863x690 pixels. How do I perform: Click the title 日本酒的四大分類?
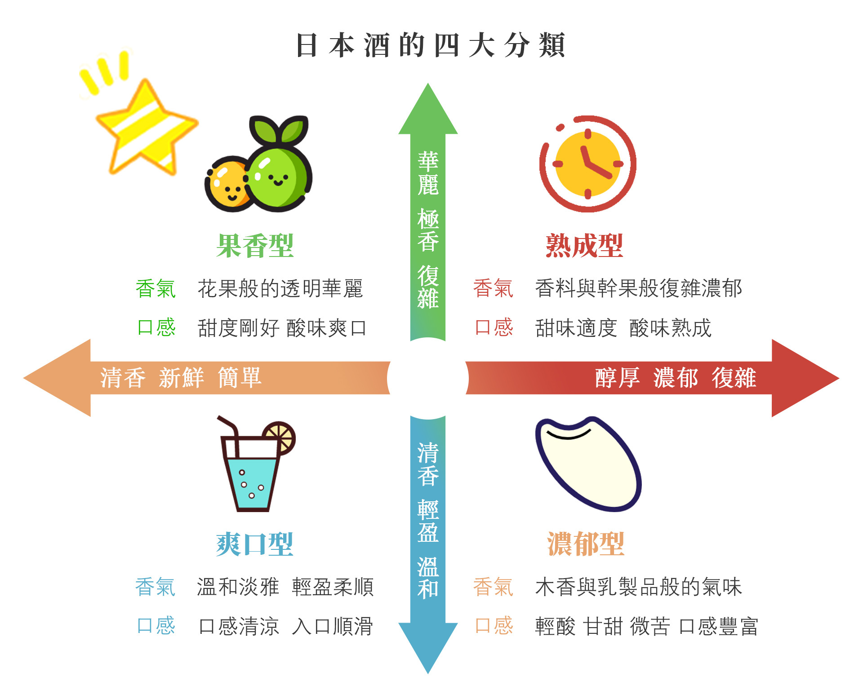click(430, 45)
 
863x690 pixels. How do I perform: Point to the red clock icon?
click(587, 164)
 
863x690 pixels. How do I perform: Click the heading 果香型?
click(255, 246)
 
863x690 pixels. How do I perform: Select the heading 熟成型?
click(584, 246)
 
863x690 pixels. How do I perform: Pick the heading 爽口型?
click(255, 544)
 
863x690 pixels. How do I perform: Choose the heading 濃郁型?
click(586, 544)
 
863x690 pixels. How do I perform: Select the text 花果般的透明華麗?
click(280, 288)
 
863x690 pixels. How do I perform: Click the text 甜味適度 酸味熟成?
click(623, 328)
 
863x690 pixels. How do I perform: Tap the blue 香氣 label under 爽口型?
click(155, 587)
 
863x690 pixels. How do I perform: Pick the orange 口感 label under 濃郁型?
click(494, 626)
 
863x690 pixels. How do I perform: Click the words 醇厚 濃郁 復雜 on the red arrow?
click(676, 378)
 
